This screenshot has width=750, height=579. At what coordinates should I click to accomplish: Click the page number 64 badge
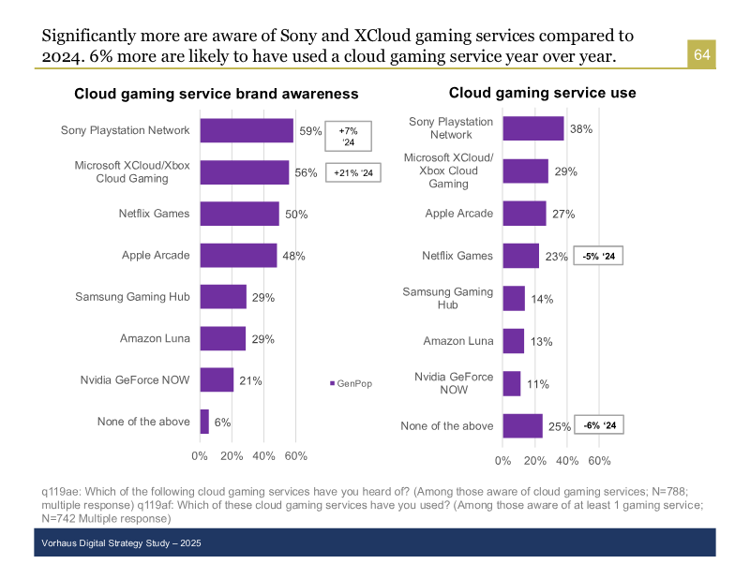(x=701, y=56)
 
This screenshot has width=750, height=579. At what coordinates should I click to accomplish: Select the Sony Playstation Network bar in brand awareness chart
(x=247, y=131)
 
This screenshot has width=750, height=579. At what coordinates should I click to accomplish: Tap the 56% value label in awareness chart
(x=306, y=173)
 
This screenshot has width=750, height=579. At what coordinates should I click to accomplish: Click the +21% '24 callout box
(x=353, y=173)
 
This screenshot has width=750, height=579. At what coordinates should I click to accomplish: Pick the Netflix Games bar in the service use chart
(x=521, y=256)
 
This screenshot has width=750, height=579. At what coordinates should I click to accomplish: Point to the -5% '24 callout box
(x=598, y=256)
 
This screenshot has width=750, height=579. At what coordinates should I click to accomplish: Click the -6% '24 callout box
(x=598, y=425)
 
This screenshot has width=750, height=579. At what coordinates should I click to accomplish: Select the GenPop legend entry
(x=351, y=383)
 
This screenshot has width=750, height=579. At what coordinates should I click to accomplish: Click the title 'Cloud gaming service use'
(x=542, y=93)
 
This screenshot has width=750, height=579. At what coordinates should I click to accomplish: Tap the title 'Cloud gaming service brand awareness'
(x=216, y=94)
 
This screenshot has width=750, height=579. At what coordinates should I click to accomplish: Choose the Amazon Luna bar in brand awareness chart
(x=223, y=338)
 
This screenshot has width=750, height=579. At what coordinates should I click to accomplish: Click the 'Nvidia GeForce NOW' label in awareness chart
(x=135, y=379)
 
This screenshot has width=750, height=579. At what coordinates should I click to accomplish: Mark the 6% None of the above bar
(x=204, y=422)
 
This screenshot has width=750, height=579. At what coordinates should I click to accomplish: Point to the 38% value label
(x=580, y=129)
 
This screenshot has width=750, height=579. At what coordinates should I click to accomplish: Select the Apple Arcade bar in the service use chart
(x=524, y=214)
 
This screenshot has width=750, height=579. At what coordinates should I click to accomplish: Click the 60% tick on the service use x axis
(x=599, y=461)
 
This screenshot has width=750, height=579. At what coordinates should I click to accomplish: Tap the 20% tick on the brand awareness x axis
(x=232, y=455)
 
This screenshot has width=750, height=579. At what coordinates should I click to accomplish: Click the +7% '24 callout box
(x=349, y=137)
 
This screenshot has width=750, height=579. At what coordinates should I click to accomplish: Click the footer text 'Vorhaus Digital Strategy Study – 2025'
(x=122, y=543)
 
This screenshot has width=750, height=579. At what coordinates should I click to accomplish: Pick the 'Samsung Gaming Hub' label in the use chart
(x=448, y=298)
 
